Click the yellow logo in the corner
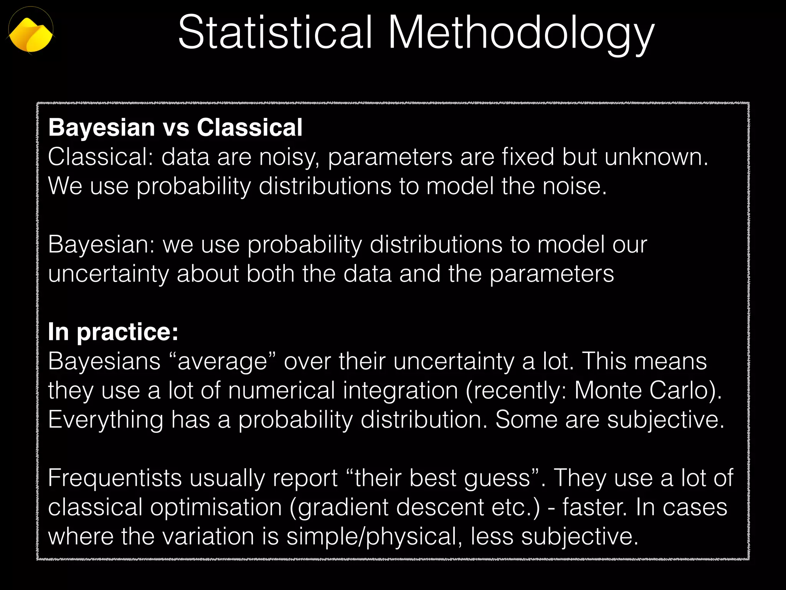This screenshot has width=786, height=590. [31, 35]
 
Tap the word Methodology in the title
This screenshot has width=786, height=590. [521, 34]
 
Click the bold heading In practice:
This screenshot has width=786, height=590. [113, 332]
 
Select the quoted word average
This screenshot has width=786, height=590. [222, 362]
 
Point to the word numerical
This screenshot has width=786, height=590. [282, 390]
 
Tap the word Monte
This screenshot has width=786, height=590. [608, 390]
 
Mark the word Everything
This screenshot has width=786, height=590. [106, 420]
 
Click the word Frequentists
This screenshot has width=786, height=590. [115, 479]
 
